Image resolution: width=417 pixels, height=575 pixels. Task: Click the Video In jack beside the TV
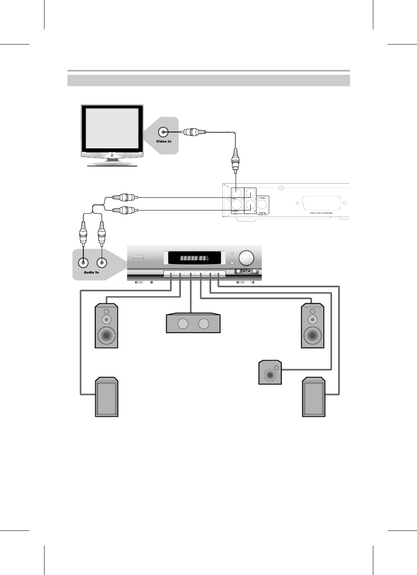point(163,132)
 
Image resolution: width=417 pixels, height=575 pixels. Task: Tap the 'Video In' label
point(163,141)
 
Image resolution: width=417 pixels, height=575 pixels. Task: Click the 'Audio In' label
point(91,272)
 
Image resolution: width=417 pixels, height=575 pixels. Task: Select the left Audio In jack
point(83,264)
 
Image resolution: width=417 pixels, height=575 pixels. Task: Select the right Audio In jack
point(101,264)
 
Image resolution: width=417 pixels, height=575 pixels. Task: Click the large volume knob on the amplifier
point(246,258)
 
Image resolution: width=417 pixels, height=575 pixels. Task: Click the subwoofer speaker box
point(270,372)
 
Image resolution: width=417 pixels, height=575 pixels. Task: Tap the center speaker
point(193,323)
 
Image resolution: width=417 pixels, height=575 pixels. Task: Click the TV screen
point(112,128)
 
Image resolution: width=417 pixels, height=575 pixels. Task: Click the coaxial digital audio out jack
point(262,205)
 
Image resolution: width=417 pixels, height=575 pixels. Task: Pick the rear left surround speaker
point(107,397)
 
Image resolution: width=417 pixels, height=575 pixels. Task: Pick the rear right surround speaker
point(314,397)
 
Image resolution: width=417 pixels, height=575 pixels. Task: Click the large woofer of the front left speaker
point(106,336)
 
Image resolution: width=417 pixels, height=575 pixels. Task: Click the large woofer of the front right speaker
point(312,336)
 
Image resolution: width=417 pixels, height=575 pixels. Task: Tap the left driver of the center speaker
point(183,324)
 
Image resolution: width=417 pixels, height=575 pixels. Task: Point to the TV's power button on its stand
point(112,155)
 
